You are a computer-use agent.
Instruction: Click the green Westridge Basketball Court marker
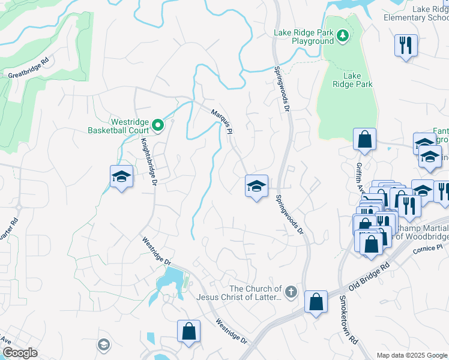[x=158, y=125]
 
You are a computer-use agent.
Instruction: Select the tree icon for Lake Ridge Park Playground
[x=342, y=37]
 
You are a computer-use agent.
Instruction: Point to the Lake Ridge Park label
[x=352, y=80]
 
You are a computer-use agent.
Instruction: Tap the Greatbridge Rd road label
[x=28, y=70]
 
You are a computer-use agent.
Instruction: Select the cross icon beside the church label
[x=291, y=292]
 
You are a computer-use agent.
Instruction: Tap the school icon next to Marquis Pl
[x=256, y=186]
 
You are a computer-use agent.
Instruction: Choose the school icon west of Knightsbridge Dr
[x=121, y=176]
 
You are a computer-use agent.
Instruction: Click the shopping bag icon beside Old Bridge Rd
[x=316, y=302]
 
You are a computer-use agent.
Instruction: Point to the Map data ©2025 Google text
[x=411, y=355]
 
